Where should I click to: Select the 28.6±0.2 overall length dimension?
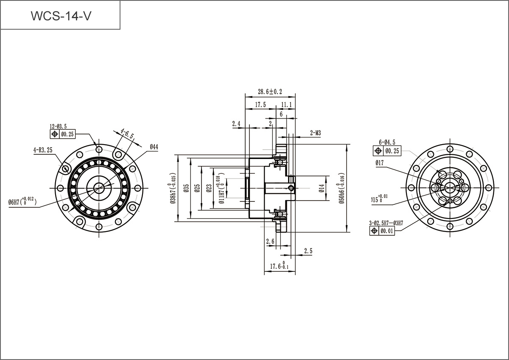pyautogui.click(x=270, y=92)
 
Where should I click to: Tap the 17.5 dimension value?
pyautogui.click(x=260, y=104)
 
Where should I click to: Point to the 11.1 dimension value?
pyautogui.click(x=286, y=104)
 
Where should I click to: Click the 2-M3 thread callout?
pyautogui.click(x=315, y=133)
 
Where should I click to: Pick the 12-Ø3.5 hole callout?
pyautogui.click(x=59, y=126)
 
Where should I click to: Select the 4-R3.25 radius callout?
pyautogui.click(x=43, y=150)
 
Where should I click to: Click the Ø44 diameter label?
pyautogui.click(x=154, y=147)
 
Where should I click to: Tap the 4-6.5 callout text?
pyautogui.click(x=127, y=134)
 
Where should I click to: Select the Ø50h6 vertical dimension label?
pyautogui.click(x=342, y=188)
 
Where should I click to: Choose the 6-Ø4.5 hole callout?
pyautogui.click(x=387, y=142)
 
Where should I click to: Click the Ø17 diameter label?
pyautogui.click(x=379, y=162)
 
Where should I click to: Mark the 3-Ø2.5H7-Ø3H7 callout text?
pyautogui.click(x=386, y=223)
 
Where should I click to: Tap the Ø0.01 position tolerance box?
pyautogui.click(x=386, y=231)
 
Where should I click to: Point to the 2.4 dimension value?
pyautogui.click(x=236, y=124)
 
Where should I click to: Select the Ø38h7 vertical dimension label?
pyautogui.click(x=172, y=189)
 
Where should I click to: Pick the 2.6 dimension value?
pyautogui.click(x=270, y=242)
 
